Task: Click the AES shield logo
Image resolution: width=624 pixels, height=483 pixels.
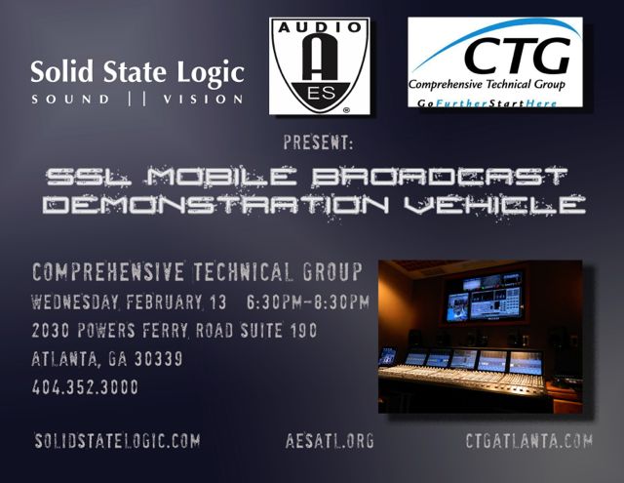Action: click(320, 65)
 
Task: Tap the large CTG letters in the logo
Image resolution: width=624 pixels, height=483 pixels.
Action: click(517, 56)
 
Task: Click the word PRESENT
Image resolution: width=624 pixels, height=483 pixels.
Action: click(318, 143)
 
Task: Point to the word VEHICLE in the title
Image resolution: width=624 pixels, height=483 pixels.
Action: click(494, 204)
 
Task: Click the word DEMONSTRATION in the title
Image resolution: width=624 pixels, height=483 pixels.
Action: click(216, 204)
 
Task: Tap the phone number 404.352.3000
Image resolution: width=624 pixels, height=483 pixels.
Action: click(85, 387)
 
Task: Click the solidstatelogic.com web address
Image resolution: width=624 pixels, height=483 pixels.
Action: click(117, 441)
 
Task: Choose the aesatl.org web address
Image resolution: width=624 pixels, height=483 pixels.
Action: click(330, 441)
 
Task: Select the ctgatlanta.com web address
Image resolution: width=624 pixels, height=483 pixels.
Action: click(528, 440)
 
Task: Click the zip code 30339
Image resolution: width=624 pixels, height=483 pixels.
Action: click(158, 359)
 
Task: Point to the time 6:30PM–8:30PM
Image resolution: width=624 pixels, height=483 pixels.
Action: click(308, 302)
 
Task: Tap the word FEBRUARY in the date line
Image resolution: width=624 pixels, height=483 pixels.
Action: click(164, 302)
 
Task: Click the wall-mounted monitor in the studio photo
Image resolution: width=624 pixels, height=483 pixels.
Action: click(485, 297)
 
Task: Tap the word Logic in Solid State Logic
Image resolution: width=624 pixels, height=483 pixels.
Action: click(211, 72)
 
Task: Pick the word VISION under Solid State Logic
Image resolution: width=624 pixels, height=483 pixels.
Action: click(203, 100)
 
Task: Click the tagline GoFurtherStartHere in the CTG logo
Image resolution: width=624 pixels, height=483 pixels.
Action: click(487, 103)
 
